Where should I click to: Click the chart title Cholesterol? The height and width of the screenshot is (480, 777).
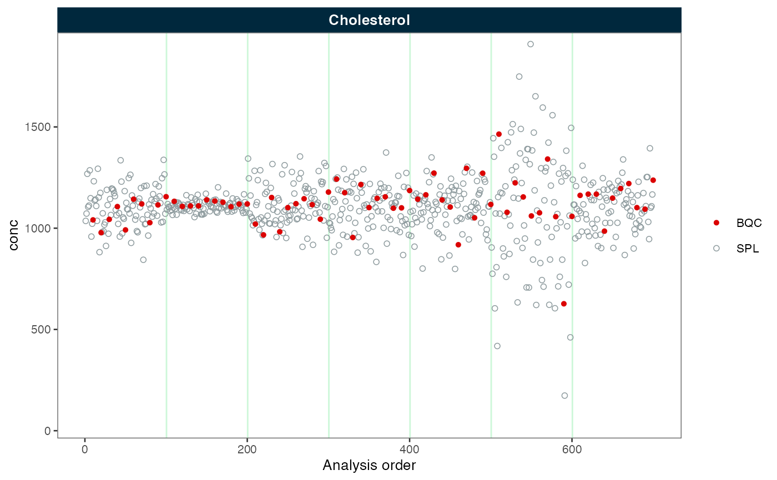point(369,21)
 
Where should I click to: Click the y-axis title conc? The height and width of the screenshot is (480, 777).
point(14,235)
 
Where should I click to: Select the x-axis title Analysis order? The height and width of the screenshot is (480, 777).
point(369,465)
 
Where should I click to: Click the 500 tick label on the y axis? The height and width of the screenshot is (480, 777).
point(43,330)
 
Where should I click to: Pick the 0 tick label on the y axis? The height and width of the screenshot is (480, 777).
point(47,431)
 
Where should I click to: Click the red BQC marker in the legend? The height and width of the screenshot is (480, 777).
point(717,223)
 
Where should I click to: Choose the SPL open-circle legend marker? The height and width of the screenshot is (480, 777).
point(717,249)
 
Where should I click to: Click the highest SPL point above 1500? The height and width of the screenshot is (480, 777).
point(530,44)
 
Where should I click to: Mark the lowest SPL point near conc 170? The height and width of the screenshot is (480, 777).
point(564,396)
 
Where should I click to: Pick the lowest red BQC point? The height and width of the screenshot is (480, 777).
point(564,304)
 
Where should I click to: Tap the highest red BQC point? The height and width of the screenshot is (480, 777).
point(499,134)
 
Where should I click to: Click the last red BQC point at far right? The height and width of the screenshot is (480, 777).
point(653,180)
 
